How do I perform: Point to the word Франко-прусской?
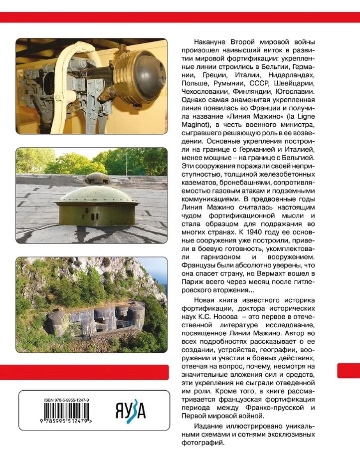269,408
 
